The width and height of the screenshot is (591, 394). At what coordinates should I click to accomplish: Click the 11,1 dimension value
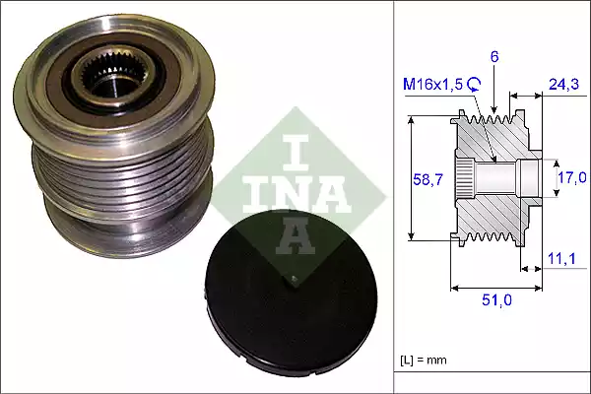562,258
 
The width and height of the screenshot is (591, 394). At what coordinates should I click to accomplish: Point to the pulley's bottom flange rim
108,241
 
